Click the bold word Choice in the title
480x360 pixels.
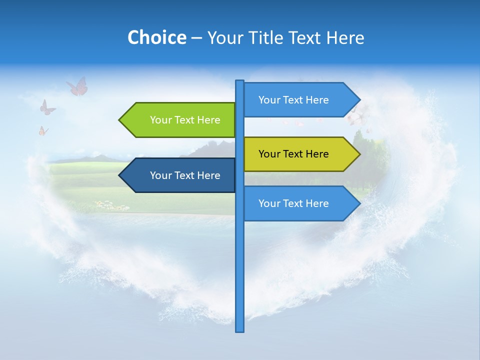156,37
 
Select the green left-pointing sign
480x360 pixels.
180,120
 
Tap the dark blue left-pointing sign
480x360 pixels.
180,175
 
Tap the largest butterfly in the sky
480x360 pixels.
77,86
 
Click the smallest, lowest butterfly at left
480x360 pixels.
43,131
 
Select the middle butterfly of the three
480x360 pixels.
47,107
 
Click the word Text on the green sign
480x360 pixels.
184,120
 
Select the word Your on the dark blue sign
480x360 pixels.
160,175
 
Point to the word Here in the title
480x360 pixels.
345,37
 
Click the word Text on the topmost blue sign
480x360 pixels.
293,100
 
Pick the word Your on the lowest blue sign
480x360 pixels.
268,203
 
